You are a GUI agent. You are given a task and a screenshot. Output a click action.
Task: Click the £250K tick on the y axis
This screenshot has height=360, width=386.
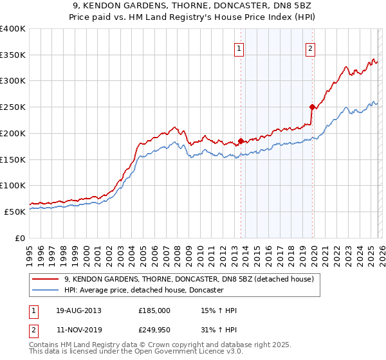[13, 107]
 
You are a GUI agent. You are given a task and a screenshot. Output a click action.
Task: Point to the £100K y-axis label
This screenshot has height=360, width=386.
[13, 185]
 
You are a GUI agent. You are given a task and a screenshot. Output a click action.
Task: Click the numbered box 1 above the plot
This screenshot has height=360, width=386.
[239, 48]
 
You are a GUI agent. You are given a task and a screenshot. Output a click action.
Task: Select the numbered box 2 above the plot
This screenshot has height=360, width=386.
[310, 48]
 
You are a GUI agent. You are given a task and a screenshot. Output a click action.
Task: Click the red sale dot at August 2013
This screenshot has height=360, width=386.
[241, 141]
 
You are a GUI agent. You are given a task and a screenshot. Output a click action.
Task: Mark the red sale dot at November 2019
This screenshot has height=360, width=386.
[312, 107]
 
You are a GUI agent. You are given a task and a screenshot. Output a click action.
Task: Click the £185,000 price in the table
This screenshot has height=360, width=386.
[154, 310]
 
